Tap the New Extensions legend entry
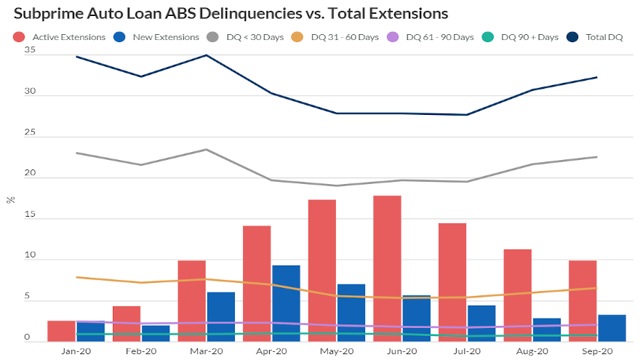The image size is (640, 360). click(158, 36)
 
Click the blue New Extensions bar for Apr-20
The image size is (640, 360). click(286, 303)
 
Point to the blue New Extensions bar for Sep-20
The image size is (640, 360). click(612, 328)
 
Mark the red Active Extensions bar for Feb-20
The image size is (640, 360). click(127, 324)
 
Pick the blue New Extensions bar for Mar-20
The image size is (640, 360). click(220, 316)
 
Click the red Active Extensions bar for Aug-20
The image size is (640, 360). click(517, 295)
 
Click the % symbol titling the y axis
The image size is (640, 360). click(9, 199)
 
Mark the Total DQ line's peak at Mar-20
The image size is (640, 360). click(207, 55)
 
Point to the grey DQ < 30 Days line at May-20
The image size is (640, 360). click(337, 185)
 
